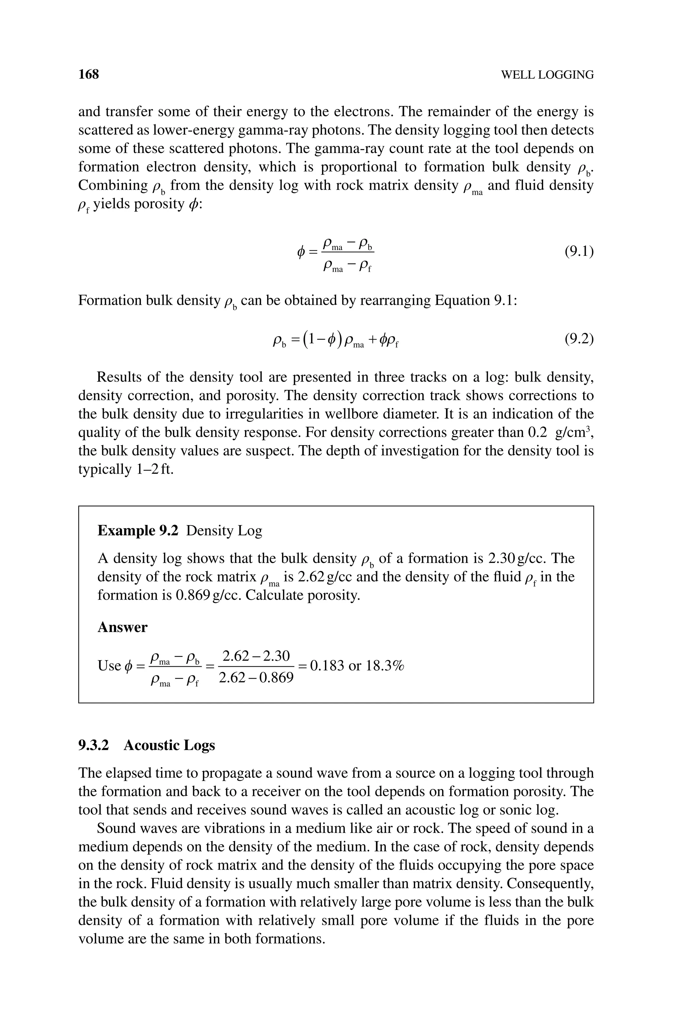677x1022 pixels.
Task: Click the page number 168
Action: click(x=89, y=74)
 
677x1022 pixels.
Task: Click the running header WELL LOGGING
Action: click(x=547, y=75)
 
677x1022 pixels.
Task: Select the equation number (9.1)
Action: click(x=578, y=251)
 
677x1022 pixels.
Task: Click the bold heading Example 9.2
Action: click(x=138, y=531)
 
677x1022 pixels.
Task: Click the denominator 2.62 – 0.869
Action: click(x=256, y=678)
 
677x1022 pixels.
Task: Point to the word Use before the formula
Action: click(x=109, y=666)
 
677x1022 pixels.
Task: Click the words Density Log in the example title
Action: click(x=224, y=531)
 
